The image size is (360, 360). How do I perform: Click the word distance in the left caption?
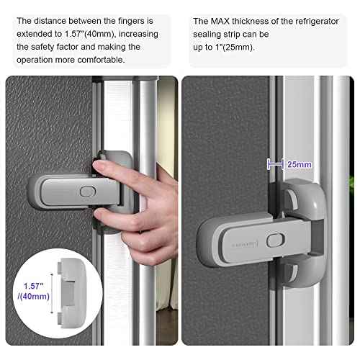pyautogui.click(x=53, y=21)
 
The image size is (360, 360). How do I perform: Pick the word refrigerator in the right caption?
pyautogui.click(x=312, y=21)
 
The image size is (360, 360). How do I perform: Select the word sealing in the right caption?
pyautogui.click(x=210, y=34)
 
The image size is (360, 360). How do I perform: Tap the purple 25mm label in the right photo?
pyautogui.click(x=300, y=164)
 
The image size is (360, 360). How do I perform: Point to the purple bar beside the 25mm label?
pyautogui.click(x=276, y=164)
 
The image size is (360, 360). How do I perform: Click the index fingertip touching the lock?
pyautogui.click(x=102, y=168)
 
